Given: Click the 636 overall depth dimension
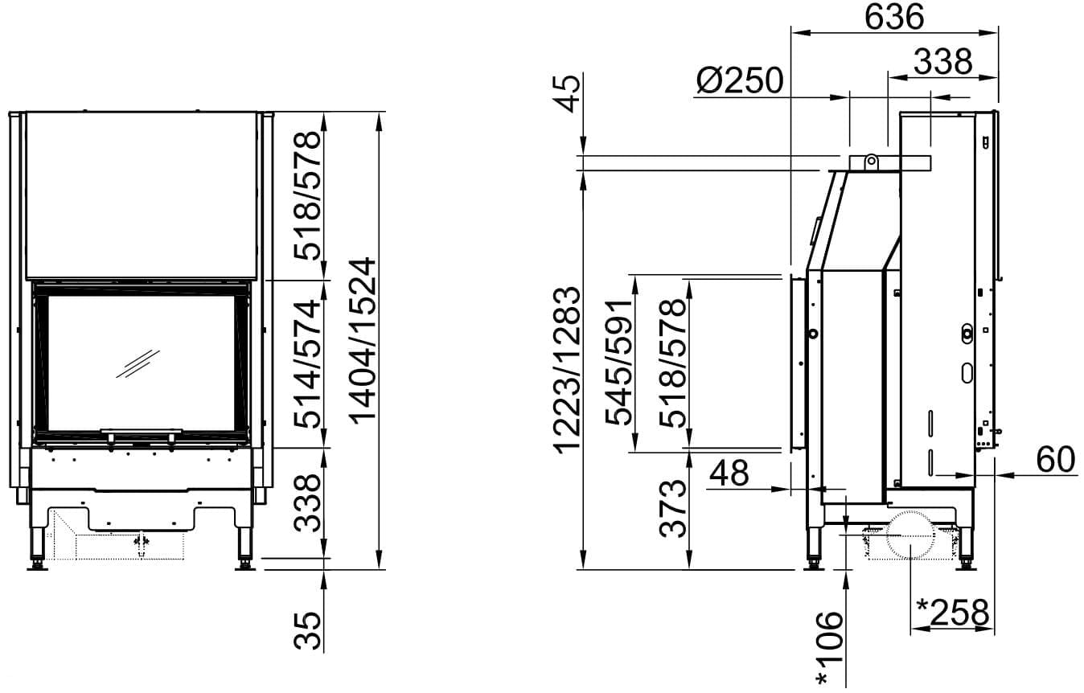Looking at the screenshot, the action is point(893,18).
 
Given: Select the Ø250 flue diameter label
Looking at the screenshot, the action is point(740,80).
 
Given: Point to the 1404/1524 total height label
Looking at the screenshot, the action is point(363,341).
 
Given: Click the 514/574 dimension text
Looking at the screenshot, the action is point(308,364).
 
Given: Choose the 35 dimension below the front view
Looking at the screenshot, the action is point(308,630).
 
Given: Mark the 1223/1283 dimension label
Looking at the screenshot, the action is point(567,370).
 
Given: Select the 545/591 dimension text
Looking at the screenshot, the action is point(619,363).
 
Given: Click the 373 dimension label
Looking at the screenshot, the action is point(673,508).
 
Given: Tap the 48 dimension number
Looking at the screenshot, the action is point(729,474).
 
